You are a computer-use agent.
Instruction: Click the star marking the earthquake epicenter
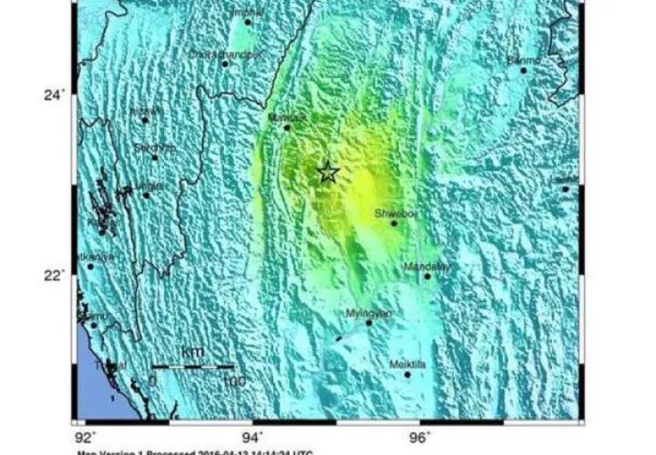pyautogui.click(x=328, y=171)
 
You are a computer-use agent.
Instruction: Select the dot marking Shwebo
pyautogui.click(x=395, y=223)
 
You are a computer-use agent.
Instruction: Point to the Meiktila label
pyautogui.click(x=407, y=363)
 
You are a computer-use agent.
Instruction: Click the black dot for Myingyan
pyautogui.click(x=369, y=322)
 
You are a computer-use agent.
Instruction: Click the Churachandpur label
pyautogui.click(x=224, y=54)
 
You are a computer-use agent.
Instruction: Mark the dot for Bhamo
pyautogui.click(x=523, y=70)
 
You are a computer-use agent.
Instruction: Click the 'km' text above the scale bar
pyautogui.click(x=192, y=351)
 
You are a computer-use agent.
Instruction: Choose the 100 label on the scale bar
pyautogui.click(x=234, y=380)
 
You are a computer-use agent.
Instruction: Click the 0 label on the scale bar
pyautogui.click(x=152, y=380)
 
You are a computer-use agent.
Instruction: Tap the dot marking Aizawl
pyautogui.click(x=144, y=120)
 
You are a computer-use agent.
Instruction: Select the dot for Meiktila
pyautogui.click(x=407, y=374)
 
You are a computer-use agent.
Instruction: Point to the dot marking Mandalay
pyautogui.click(x=426, y=276)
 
